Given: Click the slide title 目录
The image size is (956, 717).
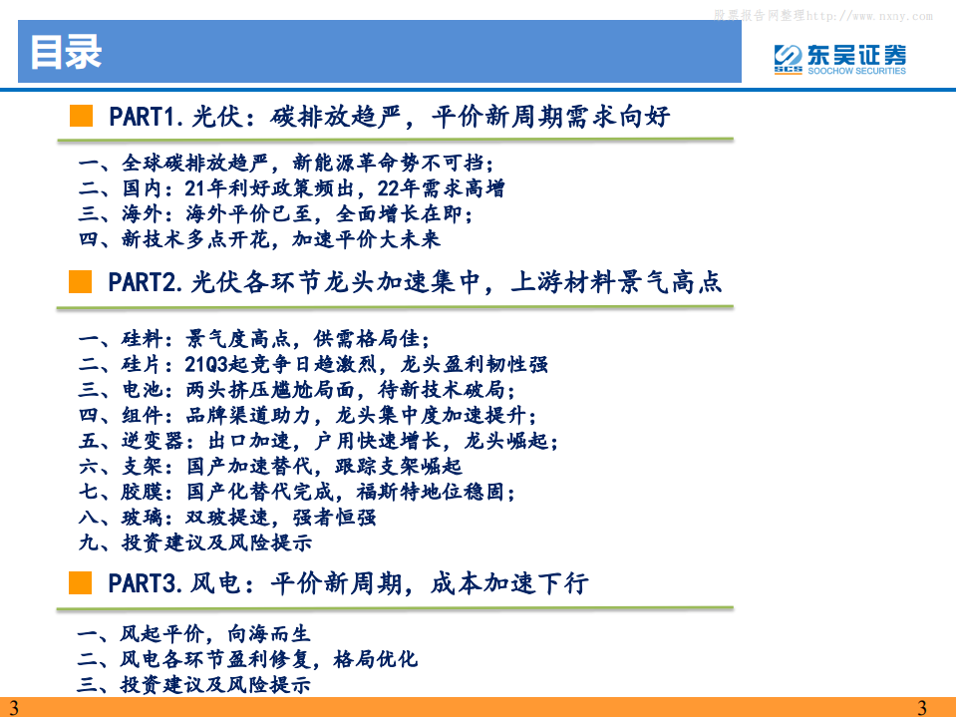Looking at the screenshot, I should pyautogui.click(x=66, y=53).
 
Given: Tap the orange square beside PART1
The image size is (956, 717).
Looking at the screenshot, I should pyautogui.click(x=81, y=116).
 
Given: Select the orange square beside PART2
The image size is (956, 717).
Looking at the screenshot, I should pyautogui.click(x=81, y=282).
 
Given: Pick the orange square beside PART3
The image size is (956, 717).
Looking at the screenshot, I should pyautogui.click(x=81, y=582).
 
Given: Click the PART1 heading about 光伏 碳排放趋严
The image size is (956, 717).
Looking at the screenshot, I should pyautogui.click(x=389, y=117).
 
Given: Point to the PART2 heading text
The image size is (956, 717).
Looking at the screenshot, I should pyautogui.click(x=415, y=283).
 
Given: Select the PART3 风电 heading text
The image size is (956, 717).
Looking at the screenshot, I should pyautogui.click(x=348, y=583).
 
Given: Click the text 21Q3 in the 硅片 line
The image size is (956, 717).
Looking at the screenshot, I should pyautogui.click(x=208, y=365).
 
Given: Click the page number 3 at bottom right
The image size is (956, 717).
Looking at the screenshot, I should pyautogui.click(x=921, y=708).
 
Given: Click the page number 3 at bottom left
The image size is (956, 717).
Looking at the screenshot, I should pyautogui.click(x=13, y=708).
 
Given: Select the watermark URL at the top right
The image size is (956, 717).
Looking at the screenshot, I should pyautogui.click(x=823, y=16).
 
